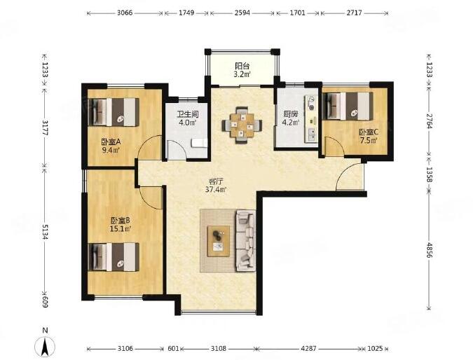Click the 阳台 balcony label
click(x=242, y=65)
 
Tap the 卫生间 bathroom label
click(x=188, y=115)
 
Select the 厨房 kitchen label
click(x=291, y=115)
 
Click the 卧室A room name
click(x=111, y=141)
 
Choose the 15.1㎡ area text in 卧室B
click(x=121, y=229)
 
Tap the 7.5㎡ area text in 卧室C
click(x=369, y=140)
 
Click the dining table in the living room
click(x=242, y=124)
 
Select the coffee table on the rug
click(x=219, y=241)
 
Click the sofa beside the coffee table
click(x=245, y=241)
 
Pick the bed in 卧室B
click(x=114, y=257)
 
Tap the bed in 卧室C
click(x=348, y=106)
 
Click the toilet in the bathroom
click(x=200, y=143)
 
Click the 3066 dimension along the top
click(x=125, y=13)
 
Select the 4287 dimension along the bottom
click(x=309, y=349)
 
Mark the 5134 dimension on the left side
click(x=45, y=232)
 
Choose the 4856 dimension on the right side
click(x=430, y=249)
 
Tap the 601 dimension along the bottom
click(x=173, y=349)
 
